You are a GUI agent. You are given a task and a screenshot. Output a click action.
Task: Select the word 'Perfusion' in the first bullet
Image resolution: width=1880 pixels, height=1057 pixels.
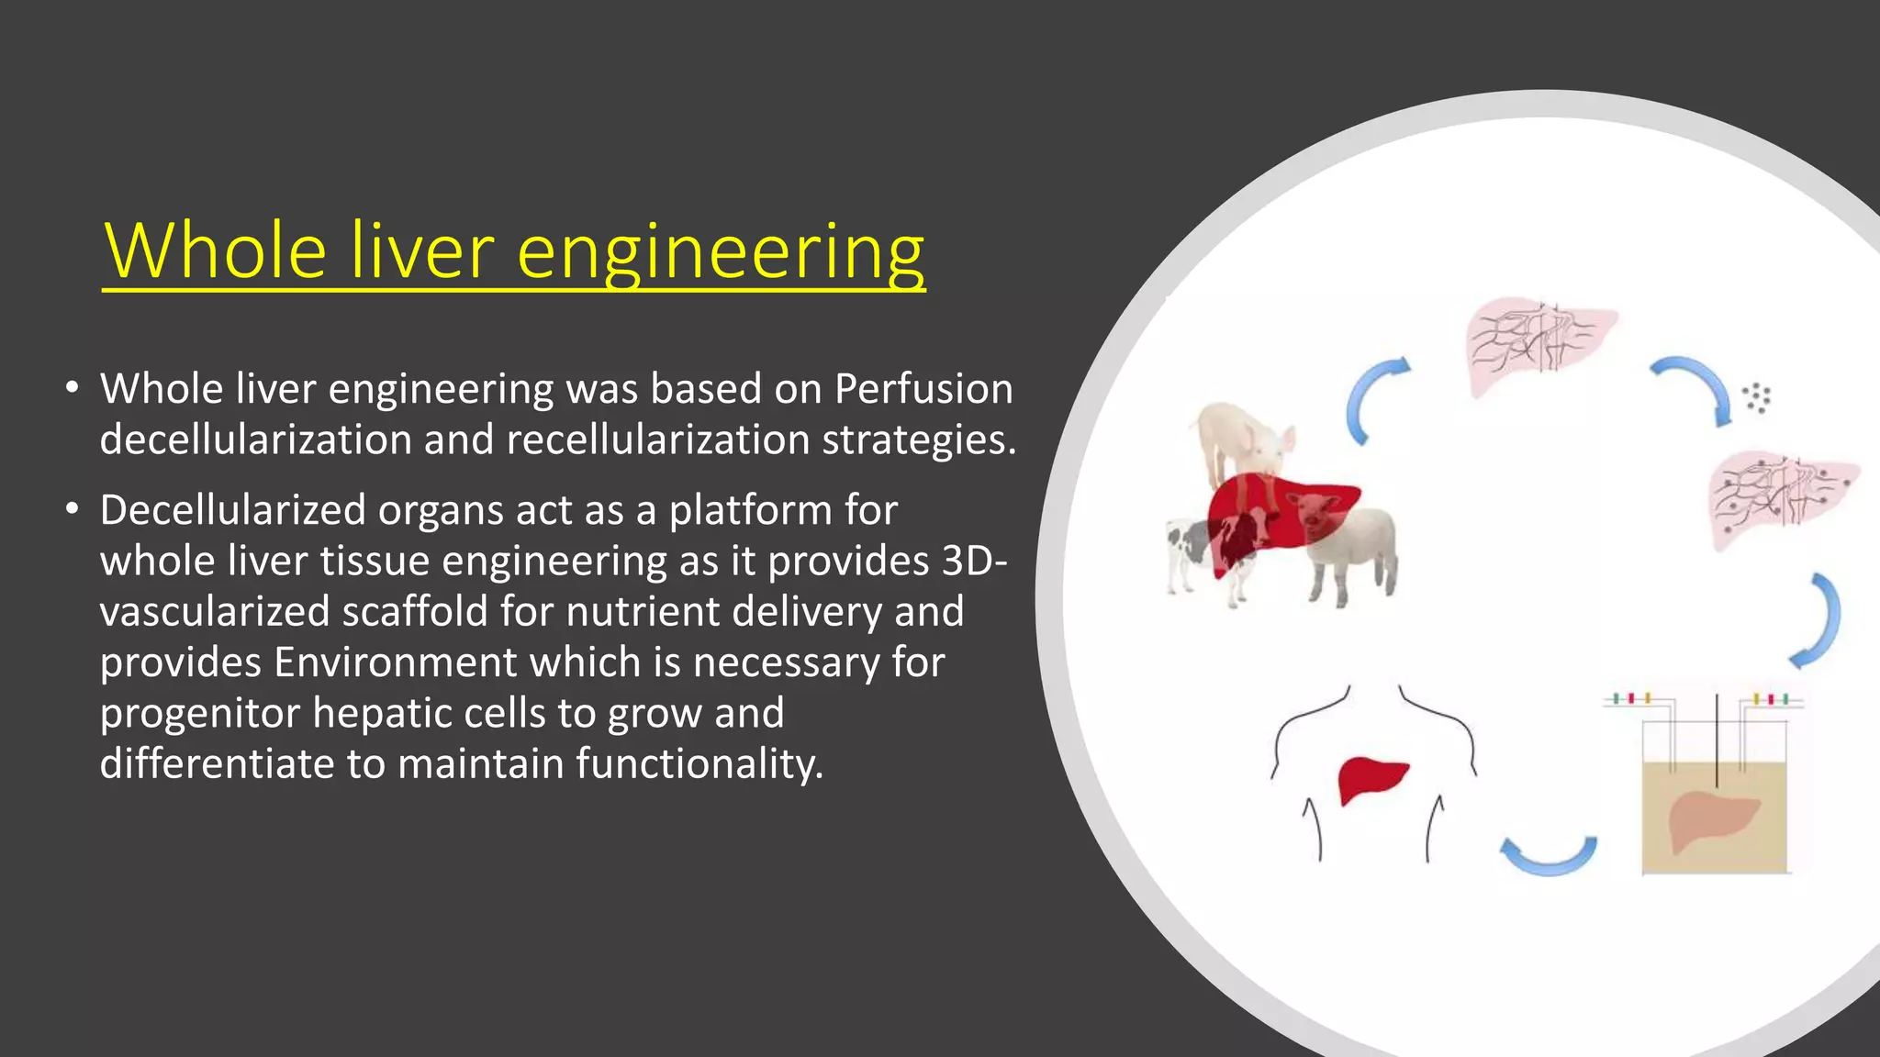[x=923, y=389]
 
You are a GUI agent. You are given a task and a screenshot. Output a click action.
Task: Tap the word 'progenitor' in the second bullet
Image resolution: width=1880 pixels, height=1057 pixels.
[x=199, y=714]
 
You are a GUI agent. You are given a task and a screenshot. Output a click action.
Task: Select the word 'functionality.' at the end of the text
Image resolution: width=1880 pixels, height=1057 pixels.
[x=699, y=764]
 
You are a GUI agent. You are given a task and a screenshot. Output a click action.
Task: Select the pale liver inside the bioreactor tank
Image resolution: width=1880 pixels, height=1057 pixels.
[x=1709, y=818]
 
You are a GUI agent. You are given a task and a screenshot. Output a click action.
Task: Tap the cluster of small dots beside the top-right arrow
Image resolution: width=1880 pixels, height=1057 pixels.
[x=1756, y=397]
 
